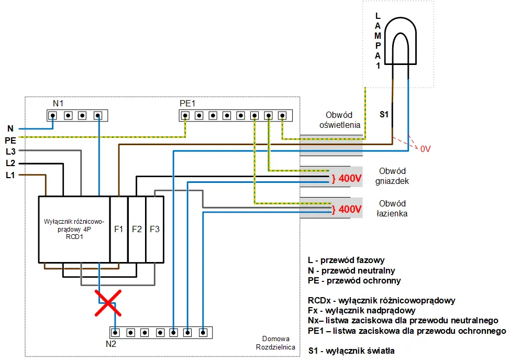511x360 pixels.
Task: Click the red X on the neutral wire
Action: pos(108,303)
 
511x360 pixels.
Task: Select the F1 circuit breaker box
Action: pos(118,229)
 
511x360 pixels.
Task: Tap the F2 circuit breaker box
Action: pos(137,229)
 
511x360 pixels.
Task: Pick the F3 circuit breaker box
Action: pos(154,229)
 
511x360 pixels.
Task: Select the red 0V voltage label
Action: pos(425,149)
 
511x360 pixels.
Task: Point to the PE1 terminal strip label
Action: pos(187,104)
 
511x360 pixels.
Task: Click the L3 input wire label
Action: pos(10,151)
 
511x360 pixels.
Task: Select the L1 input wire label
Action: pos(10,175)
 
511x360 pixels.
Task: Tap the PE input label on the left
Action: pos(10,140)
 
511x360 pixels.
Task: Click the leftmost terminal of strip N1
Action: pos(53,115)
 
